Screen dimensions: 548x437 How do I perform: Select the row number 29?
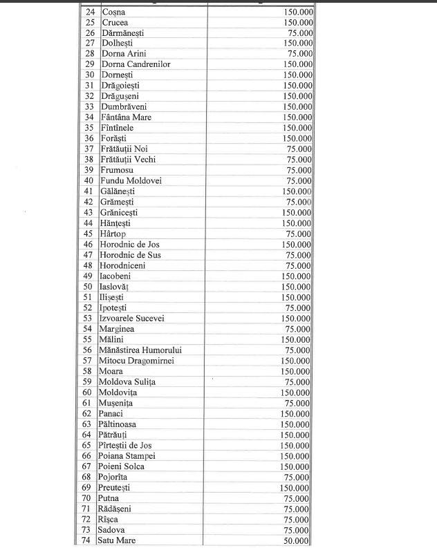(89, 64)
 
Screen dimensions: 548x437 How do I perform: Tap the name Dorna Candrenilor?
(136, 64)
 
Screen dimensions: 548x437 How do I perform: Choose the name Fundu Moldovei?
(131, 181)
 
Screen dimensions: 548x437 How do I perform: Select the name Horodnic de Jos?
(130, 245)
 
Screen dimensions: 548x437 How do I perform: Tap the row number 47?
(89, 255)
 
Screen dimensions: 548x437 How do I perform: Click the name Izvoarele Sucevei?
(135, 319)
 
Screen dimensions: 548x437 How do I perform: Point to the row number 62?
(89, 414)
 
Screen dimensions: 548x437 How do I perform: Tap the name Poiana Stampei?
(128, 456)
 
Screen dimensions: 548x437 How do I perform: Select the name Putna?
(111, 498)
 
